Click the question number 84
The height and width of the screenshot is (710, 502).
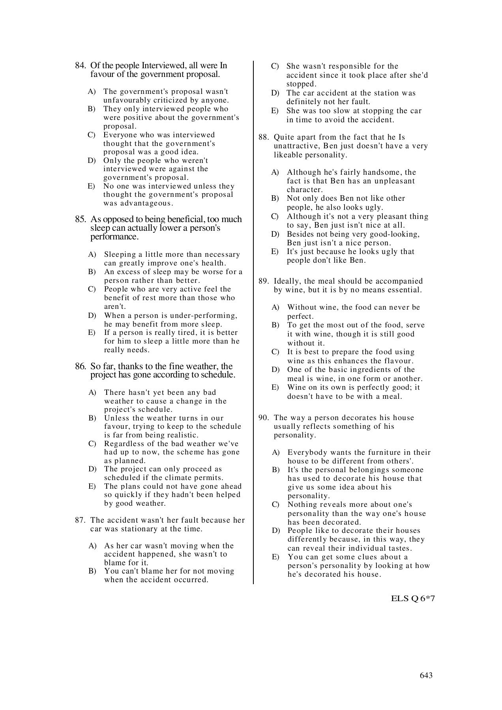pos(81,66)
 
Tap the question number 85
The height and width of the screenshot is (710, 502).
pos(81,220)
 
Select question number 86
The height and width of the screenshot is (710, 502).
pos(81,366)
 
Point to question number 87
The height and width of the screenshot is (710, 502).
pos(81,520)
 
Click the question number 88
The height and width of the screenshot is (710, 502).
pos(264,137)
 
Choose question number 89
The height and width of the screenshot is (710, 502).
pos(264,281)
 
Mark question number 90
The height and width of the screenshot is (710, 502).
pos(264,418)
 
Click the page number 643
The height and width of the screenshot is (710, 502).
pos(426,675)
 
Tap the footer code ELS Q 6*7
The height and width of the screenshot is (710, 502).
pos(413,598)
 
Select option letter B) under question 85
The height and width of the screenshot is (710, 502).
pos(92,272)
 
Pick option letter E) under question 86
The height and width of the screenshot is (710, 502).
pos(92,486)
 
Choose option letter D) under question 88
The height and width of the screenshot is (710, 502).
pos(275,234)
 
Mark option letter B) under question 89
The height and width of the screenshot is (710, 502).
pos(275,325)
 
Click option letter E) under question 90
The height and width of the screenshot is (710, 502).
pos(275,557)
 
